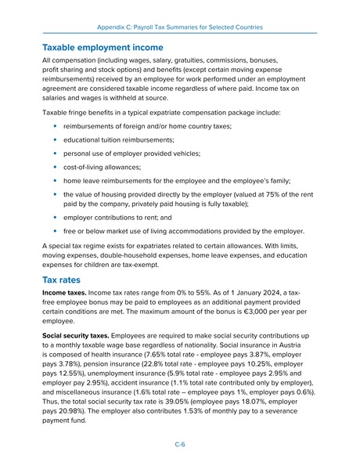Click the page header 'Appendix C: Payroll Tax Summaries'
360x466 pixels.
180,27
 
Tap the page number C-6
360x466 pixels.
179,443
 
